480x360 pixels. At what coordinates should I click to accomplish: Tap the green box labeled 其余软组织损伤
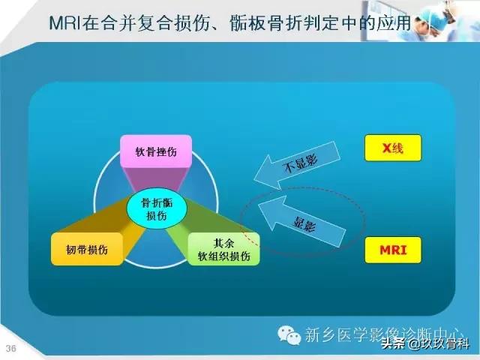coord(223,250)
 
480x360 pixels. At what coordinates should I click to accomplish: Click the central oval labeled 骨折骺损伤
coord(156,208)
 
